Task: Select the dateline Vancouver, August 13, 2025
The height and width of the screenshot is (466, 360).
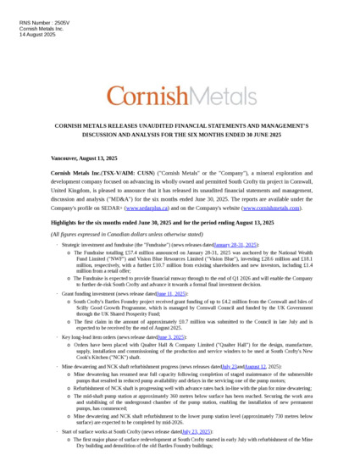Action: (x=85, y=158)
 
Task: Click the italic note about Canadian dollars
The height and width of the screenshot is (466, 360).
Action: (x=127, y=234)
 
